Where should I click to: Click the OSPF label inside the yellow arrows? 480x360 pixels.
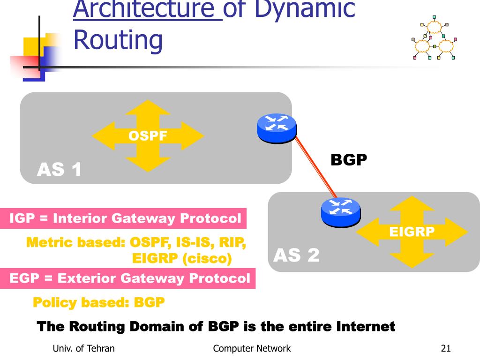click(148, 136)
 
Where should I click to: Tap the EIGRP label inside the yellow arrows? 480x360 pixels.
click(412, 232)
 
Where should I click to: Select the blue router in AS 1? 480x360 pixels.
click(277, 127)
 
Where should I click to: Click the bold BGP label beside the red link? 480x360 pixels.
click(348, 160)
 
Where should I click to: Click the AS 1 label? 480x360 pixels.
click(60, 170)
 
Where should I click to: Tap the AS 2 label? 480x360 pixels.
click(296, 255)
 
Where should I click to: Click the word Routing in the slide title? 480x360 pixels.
click(118, 40)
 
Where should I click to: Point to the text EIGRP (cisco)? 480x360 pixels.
click(182, 258)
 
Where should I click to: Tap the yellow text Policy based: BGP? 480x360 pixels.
click(98, 302)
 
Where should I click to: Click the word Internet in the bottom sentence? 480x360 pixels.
click(366, 326)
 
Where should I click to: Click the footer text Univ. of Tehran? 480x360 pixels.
click(83, 348)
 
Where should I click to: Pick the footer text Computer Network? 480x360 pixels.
click(252, 348)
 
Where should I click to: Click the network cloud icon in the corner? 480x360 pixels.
click(433, 41)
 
